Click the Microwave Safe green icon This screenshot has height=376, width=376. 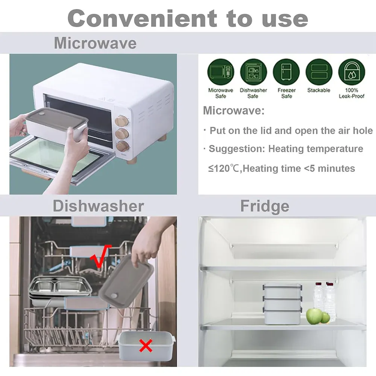[221, 72]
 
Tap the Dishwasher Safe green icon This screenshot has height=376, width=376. [253, 72]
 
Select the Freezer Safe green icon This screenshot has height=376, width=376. [286, 72]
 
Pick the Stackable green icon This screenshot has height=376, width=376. [319, 72]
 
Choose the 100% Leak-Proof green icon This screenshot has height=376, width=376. [352, 72]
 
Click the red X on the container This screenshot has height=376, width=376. [146, 346]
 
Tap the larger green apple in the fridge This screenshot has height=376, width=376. [314, 316]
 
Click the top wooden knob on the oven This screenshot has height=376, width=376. [121, 121]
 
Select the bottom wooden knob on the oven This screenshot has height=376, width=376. [123, 146]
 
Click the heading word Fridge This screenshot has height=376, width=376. [265, 206]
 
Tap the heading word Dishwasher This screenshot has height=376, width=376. [98, 206]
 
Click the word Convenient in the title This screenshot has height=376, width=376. [143, 18]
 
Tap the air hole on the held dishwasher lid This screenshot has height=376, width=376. [115, 295]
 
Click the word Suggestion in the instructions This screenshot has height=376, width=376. [237, 149]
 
